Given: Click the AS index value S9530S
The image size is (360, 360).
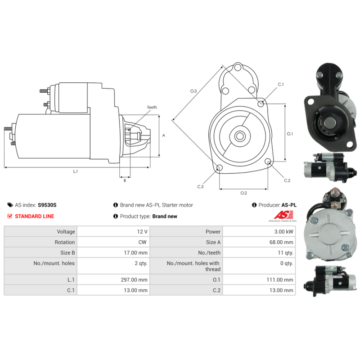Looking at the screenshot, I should pyautogui.click(x=47, y=205).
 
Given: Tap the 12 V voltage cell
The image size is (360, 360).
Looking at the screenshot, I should pyautogui.click(x=142, y=232).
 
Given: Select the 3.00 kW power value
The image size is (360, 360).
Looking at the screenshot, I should pyautogui.click(x=284, y=232).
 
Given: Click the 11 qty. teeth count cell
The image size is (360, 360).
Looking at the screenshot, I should pyautogui.click(x=285, y=252).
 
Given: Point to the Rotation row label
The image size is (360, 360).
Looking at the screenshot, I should pyautogui.click(x=66, y=242).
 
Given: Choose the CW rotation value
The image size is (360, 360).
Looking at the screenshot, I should pyautogui.click(x=144, y=242).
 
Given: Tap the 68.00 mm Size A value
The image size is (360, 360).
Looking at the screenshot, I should pyautogui.click(x=282, y=242).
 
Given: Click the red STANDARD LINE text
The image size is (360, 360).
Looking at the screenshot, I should pyautogui.click(x=34, y=216).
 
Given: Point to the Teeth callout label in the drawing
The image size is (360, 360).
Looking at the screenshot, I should pyautogui.click(x=152, y=108).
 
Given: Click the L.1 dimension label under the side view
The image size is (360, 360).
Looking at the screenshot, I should pyautogui.click(x=76, y=171).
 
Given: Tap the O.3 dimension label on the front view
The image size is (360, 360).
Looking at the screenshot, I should pyautogui.click(x=193, y=91).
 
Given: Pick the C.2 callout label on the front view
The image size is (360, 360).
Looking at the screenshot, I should pyautogui.click(x=287, y=180).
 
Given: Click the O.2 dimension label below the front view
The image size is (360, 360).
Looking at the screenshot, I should pyautogui.click(x=243, y=193).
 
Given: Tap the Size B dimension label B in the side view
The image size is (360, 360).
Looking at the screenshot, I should pyautogui.click(x=125, y=180).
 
